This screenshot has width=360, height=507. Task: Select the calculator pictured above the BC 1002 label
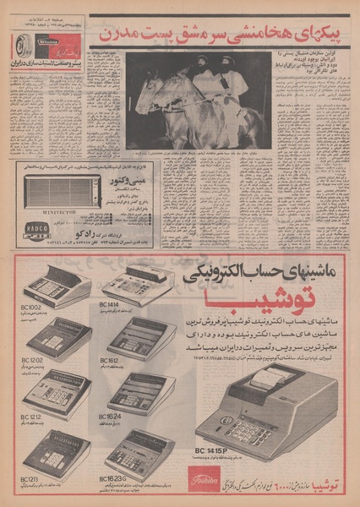[55, 287]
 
